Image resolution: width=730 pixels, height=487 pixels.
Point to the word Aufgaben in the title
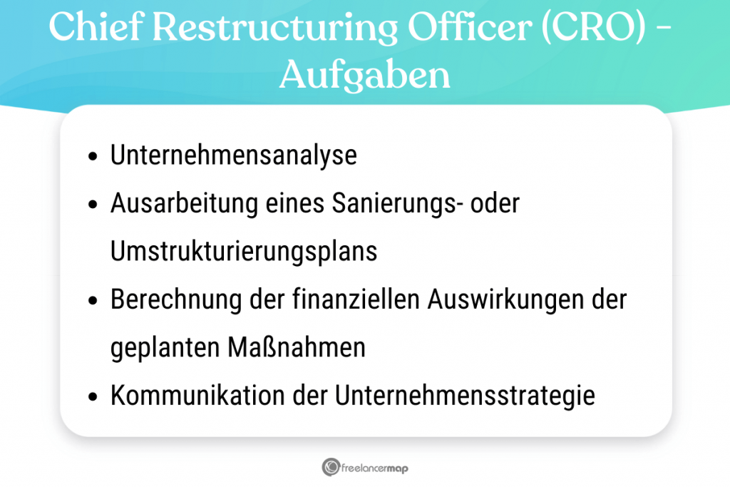click(x=364, y=75)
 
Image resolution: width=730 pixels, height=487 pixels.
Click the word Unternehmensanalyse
click(x=233, y=155)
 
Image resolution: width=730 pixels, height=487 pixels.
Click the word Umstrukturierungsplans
click(x=244, y=252)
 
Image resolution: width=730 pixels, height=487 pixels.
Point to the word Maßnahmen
click(x=297, y=348)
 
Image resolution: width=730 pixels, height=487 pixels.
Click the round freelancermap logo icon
click(x=330, y=468)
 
